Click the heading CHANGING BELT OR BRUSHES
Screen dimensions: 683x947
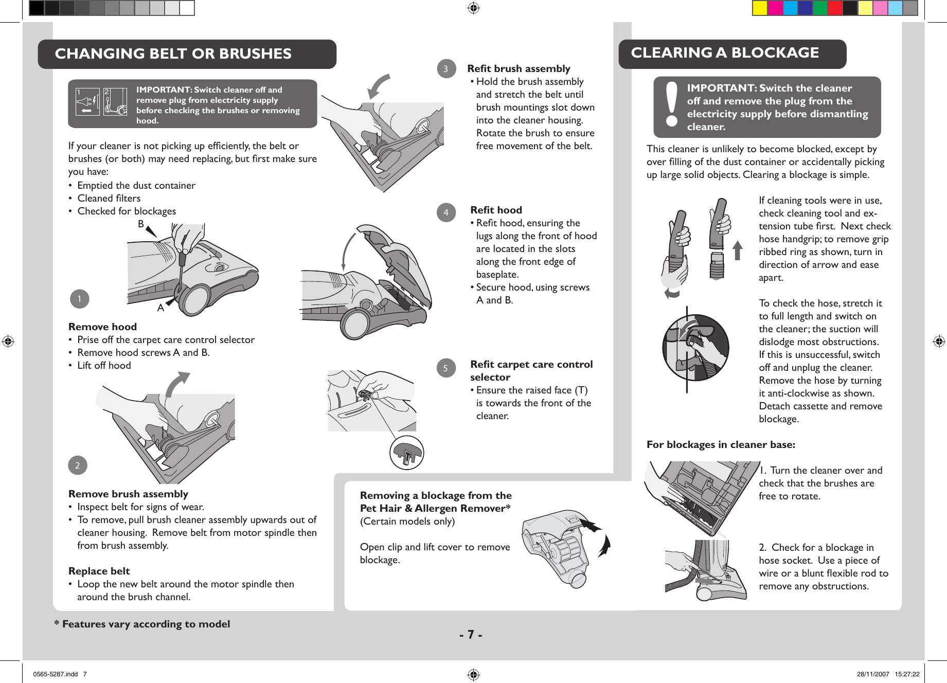click(x=173, y=53)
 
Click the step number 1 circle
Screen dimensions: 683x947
click(x=79, y=299)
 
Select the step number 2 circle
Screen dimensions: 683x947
click(x=78, y=465)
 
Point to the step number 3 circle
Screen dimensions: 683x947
click(x=446, y=69)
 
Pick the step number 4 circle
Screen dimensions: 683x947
click(x=446, y=212)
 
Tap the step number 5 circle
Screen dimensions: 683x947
click(x=445, y=368)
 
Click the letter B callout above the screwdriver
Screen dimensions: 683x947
click(x=141, y=224)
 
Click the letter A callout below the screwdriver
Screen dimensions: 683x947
click(x=160, y=308)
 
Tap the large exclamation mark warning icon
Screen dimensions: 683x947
click(x=671, y=106)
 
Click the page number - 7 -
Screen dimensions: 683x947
click(x=471, y=635)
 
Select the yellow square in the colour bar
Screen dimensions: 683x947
click(x=760, y=8)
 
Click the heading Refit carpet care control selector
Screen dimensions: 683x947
click(x=531, y=370)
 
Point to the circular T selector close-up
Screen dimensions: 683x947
click(x=406, y=453)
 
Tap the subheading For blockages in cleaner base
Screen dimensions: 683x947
click(x=720, y=444)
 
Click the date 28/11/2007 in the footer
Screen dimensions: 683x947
click(x=872, y=674)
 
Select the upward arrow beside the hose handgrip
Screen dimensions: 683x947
click(x=737, y=250)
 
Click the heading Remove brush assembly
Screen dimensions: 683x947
click(x=128, y=494)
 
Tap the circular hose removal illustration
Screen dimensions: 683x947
click(x=695, y=348)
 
